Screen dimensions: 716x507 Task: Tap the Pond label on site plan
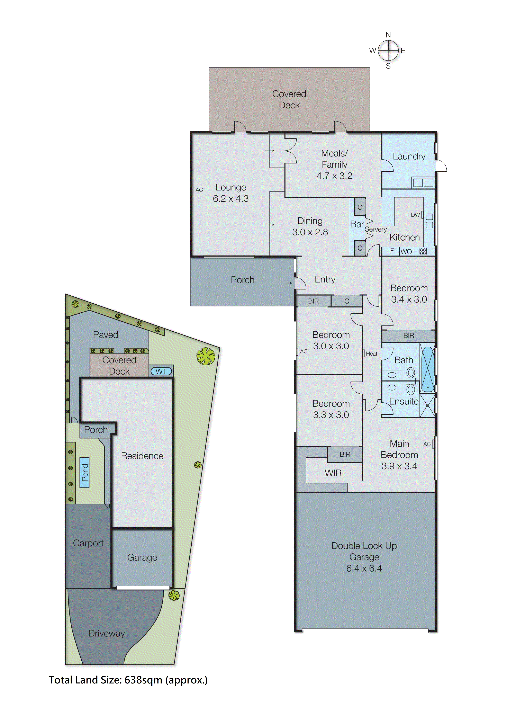tap(85, 472)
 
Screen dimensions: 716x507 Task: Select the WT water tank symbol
tap(161, 371)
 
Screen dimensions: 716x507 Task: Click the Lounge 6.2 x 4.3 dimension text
tap(231, 199)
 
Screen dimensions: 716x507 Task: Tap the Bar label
tap(357, 224)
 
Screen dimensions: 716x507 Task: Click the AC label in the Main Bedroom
tap(427, 444)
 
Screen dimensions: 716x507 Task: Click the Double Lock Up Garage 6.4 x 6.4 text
tap(364, 557)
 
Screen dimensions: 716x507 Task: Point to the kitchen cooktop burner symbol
tap(423, 251)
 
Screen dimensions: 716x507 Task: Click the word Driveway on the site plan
tap(107, 633)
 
